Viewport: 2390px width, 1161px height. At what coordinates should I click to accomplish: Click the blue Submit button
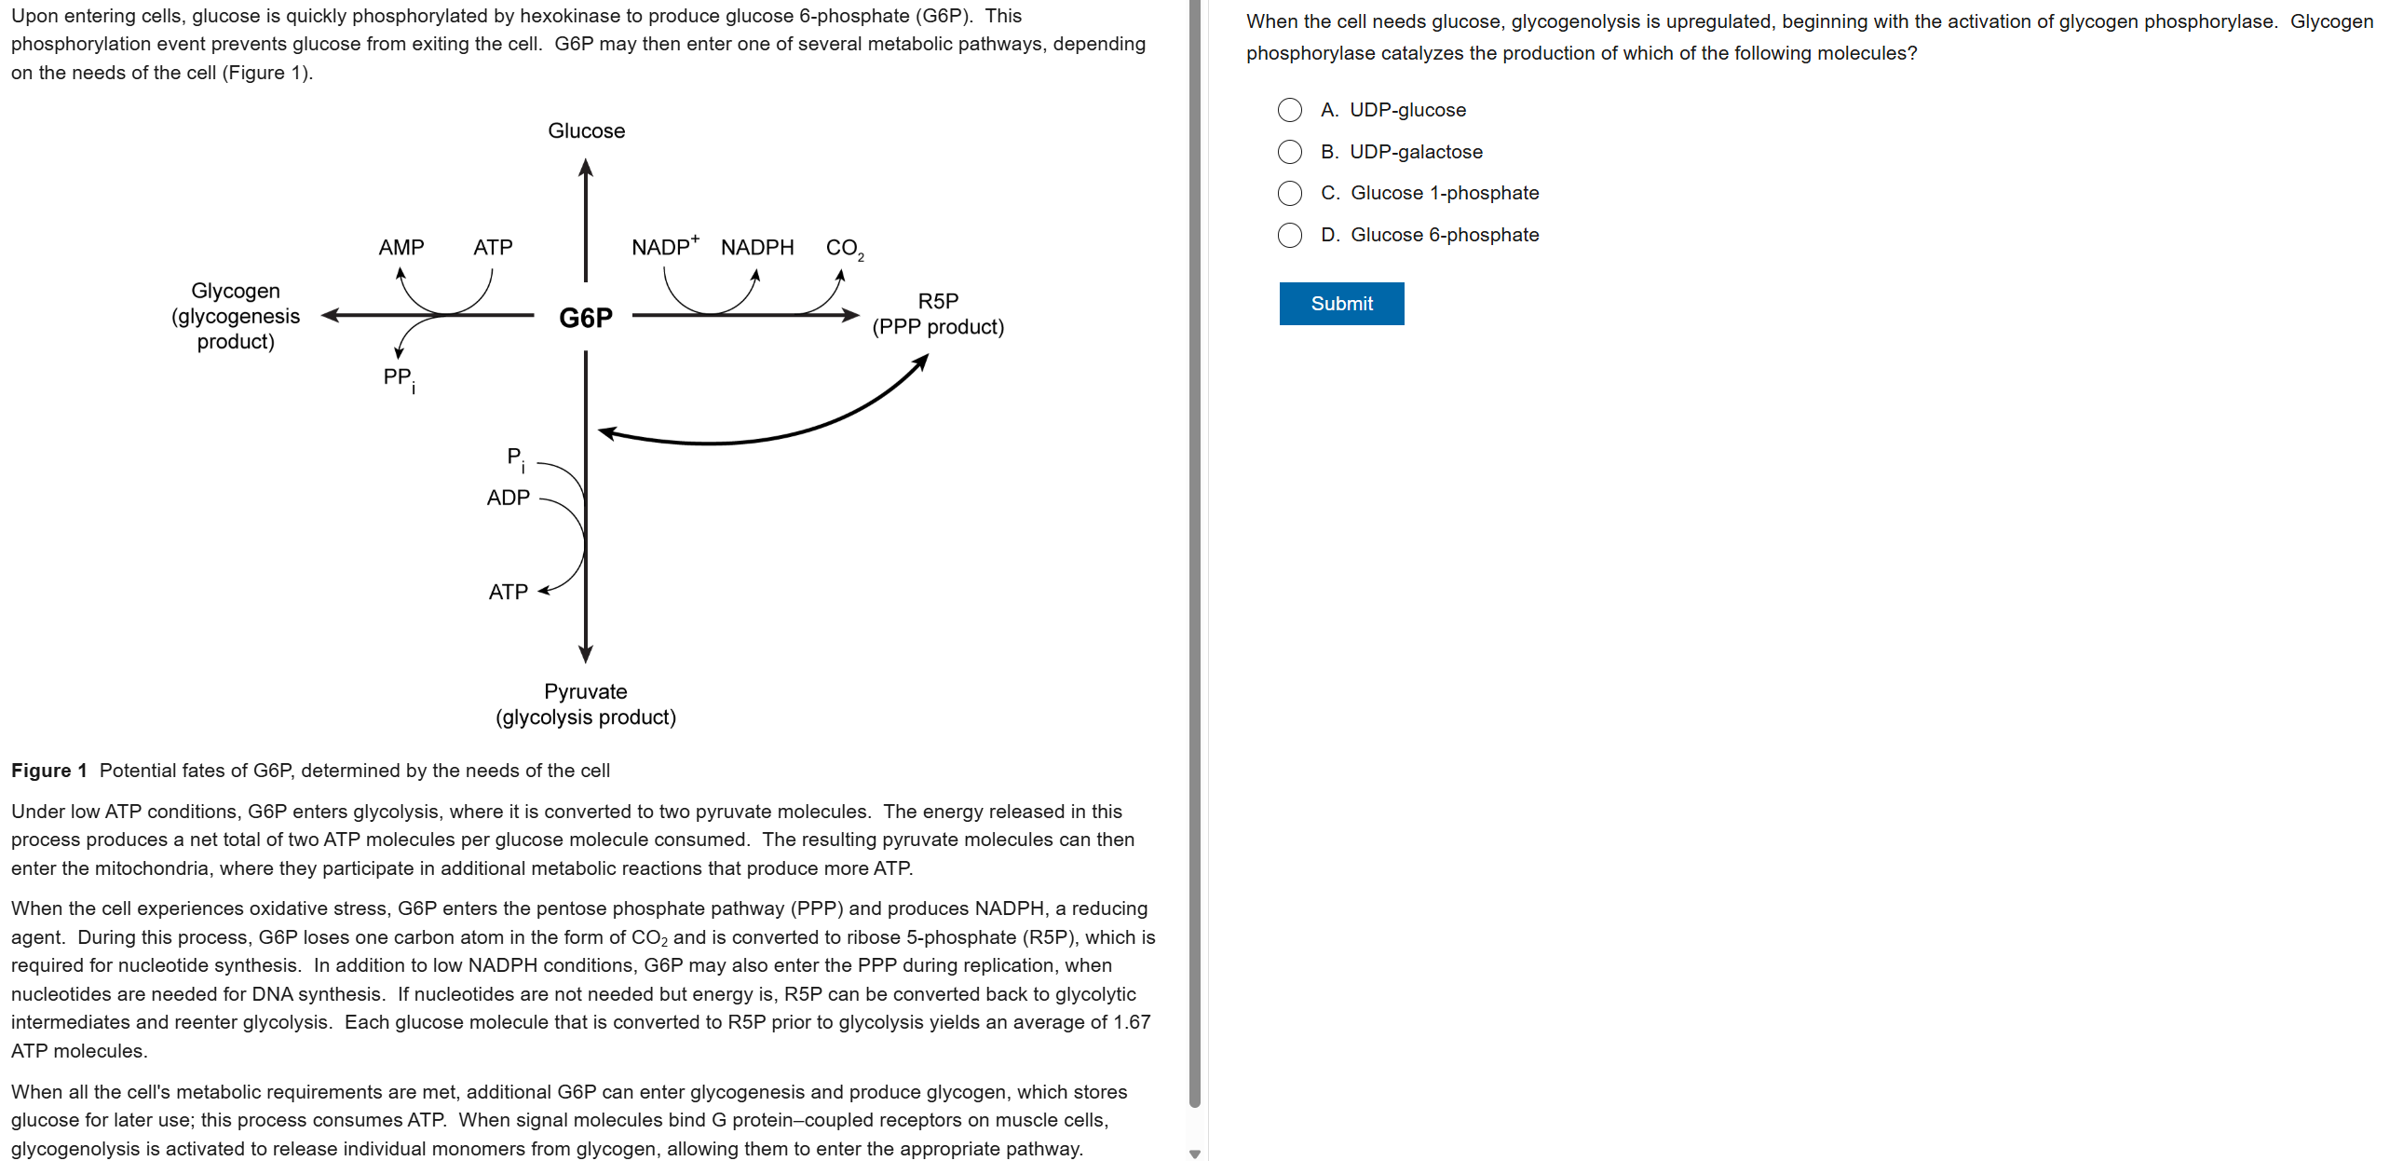click(1340, 304)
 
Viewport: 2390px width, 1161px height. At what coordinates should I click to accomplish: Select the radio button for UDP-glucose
click(1289, 110)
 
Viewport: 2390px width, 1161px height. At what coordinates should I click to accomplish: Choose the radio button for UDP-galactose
click(1289, 152)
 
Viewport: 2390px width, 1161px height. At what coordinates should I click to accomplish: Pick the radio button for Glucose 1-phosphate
click(1289, 193)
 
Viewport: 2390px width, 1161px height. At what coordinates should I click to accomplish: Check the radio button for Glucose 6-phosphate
click(1289, 235)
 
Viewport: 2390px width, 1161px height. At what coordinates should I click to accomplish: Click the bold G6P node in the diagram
click(585, 318)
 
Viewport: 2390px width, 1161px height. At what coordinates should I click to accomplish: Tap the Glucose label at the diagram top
click(586, 131)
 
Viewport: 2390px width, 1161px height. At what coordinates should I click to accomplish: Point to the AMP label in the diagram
click(401, 248)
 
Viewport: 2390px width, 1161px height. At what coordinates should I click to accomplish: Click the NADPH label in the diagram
click(756, 248)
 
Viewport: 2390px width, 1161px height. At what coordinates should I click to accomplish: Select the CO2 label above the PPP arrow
click(844, 249)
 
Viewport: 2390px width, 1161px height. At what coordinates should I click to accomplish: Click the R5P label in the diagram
click(938, 301)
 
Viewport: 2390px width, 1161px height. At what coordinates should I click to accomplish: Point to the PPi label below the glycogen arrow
click(399, 378)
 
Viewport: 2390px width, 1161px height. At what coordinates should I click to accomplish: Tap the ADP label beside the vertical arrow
click(508, 498)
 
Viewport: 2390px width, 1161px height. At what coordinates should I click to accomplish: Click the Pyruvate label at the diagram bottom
click(585, 691)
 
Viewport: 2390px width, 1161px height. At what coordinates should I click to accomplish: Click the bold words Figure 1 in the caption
click(48, 771)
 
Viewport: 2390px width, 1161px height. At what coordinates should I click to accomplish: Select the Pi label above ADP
click(515, 458)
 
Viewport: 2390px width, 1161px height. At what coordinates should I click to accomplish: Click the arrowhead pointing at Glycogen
click(330, 316)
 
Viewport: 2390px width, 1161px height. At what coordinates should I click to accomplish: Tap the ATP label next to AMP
click(493, 248)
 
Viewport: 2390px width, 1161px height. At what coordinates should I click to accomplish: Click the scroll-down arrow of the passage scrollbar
click(1195, 1154)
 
